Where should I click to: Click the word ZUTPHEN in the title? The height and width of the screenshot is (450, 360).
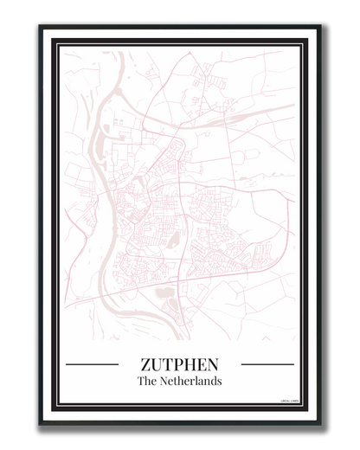pyautogui.click(x=179, y=364)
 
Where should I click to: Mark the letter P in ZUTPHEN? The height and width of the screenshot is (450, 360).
pyautogui.click(x=179, y=364)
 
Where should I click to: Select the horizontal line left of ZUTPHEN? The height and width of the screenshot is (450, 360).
pyautogui.click(x=92, y=364)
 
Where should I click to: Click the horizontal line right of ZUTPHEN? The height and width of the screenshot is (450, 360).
pyautogui.click(x=267, y=364)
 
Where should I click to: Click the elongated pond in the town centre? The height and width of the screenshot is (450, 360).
pyautogui.click(x=174, y=240)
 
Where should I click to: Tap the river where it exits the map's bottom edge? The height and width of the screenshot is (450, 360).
pyautogui.click(x=183, y=338)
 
